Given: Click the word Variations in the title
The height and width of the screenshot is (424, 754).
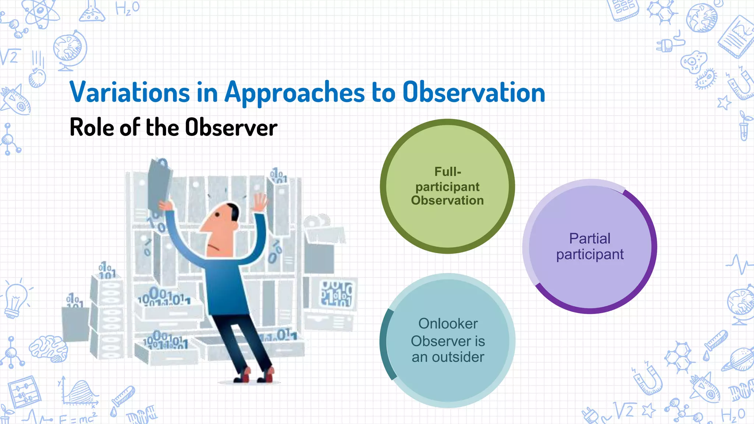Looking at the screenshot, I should click(x=130, y=92).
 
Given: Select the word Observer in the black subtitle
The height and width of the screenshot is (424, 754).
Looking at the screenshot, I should click(x=231, y=127).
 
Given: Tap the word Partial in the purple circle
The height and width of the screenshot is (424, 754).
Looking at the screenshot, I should click(x=590, y=239).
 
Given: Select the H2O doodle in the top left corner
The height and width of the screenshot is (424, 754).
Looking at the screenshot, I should click(x=127, y=8).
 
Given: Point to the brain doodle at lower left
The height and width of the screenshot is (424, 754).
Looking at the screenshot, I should click(x=48, y=348).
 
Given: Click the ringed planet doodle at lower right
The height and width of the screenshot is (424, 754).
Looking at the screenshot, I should click(x=738, y=359).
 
